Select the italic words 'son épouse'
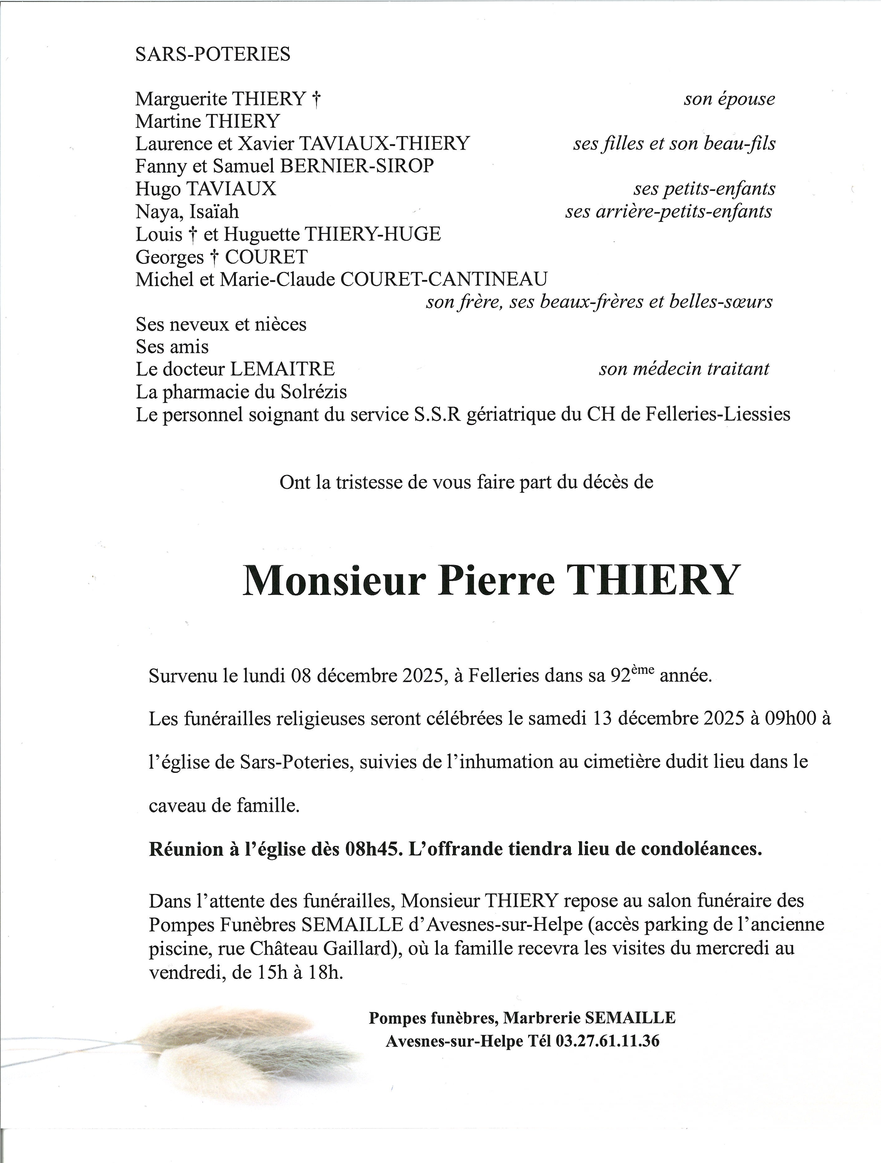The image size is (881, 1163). [x=729, y=99]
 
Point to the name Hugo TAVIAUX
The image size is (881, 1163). [x=205, y=189]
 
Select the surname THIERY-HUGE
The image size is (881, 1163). [x=373, y=234]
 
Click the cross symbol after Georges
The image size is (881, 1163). [x=214, y=257]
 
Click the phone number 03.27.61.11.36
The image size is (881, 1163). [x=607, y=1041]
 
